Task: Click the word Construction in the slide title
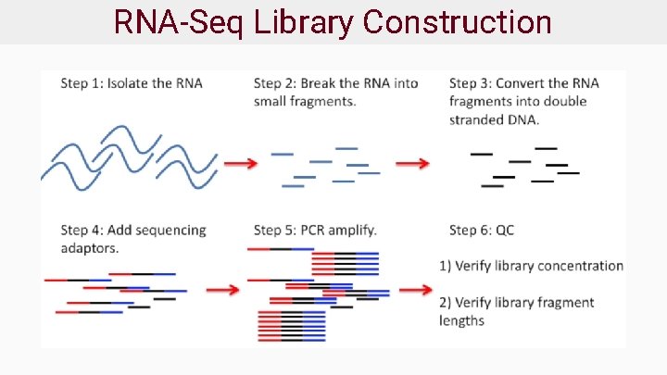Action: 458,21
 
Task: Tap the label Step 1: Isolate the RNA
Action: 132,83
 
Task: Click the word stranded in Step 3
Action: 477,120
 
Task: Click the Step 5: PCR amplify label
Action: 315,230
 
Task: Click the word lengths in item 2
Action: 461,320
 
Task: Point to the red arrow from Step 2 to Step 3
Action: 413,164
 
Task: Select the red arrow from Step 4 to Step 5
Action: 222,290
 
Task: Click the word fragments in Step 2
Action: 324,102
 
